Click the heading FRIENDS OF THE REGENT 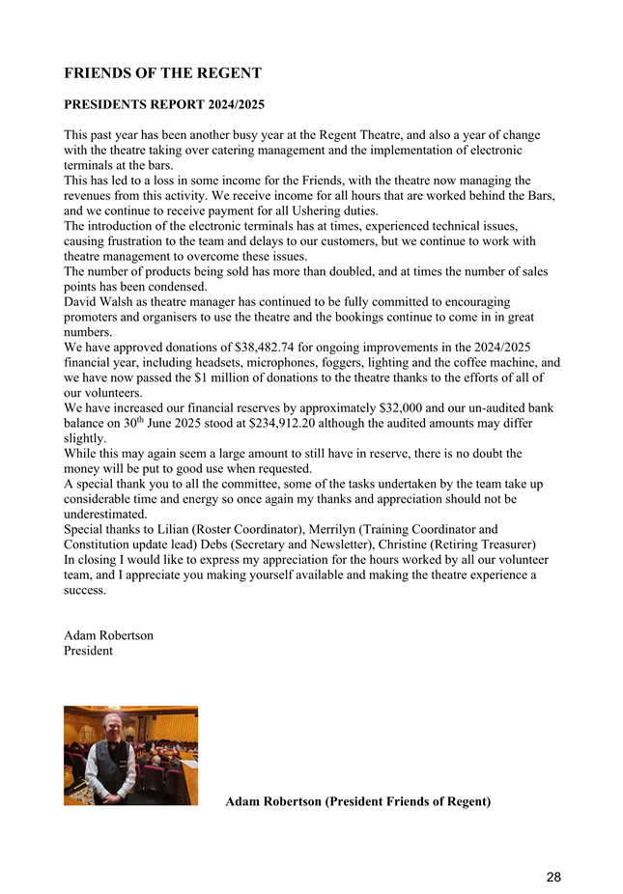pyautogui.click(x=162, y=73)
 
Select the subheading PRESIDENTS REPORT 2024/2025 pyautogui.click(x=164, y=102)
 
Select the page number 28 pyautogui.click(x=552, y=877)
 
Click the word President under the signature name pyautogui.click(x=88, y=651)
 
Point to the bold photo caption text pyautogui.click(x=357, y=801)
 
